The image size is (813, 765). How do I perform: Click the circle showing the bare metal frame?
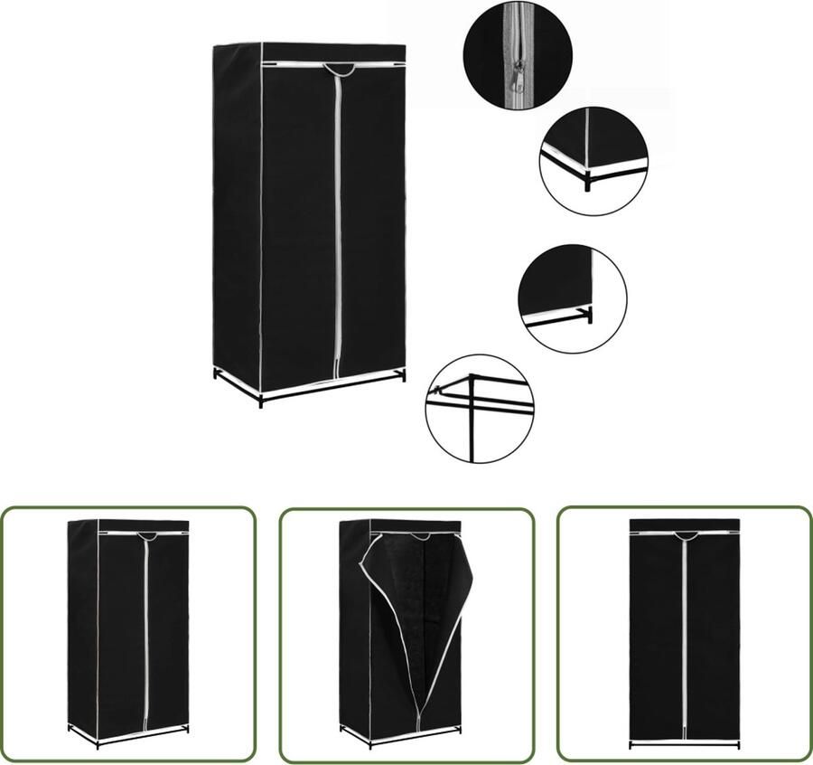480,409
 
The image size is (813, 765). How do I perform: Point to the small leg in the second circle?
586,184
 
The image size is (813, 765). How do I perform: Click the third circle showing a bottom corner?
572,299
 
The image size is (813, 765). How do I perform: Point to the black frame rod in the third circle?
558,318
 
